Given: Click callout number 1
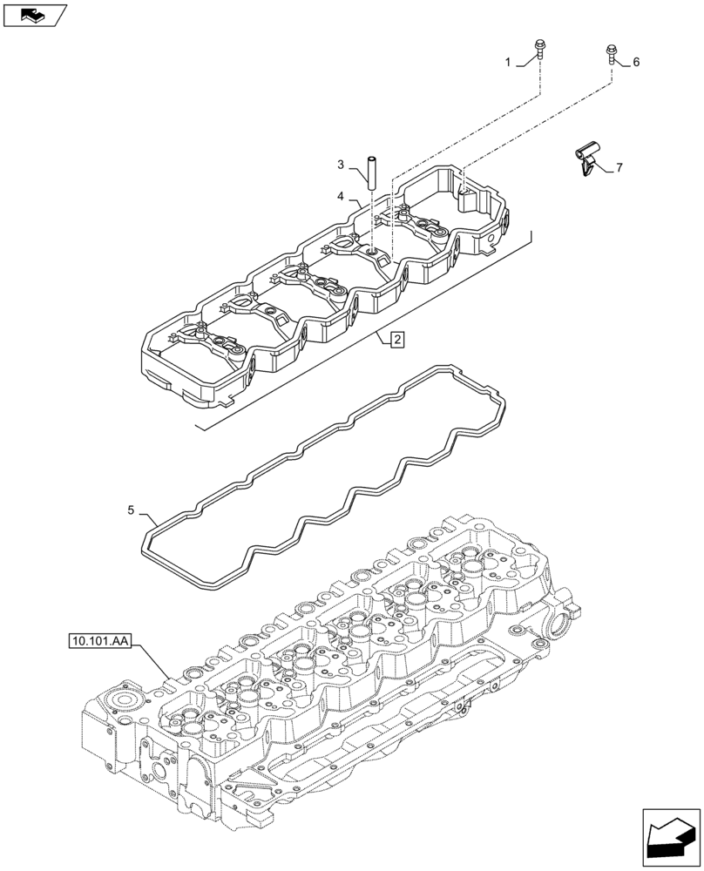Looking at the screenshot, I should [x=507, y=62].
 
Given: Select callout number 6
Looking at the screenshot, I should [x=636, y=62].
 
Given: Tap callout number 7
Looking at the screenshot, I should [x=619, y=167].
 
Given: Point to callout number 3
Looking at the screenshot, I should [x=342, y=165].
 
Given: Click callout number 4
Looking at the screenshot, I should [x=342, y=196].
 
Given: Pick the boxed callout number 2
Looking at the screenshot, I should [x=396, y=340].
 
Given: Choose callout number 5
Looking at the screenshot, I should [x=131, y=510].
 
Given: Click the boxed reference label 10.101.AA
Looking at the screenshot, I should [x=98, y=643].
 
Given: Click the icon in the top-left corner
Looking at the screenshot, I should [x=35, y=15].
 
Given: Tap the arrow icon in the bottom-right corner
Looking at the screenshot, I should [x=670, y=838].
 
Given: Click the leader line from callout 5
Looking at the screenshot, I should [x=144, y=517].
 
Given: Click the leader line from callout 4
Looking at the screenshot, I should [x=355, y=202].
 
